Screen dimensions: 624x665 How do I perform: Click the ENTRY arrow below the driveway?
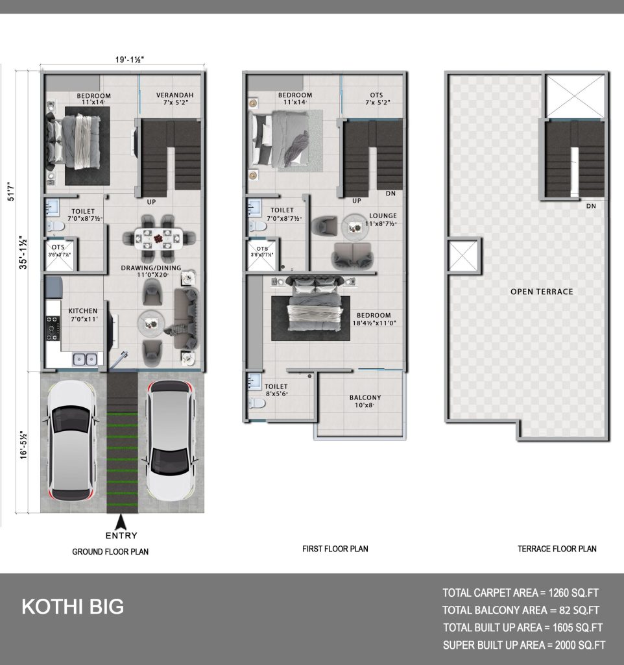tap(121, 521)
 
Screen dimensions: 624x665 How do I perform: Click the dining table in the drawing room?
tap(159, 238)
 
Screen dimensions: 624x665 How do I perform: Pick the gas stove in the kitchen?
tap(53, 328)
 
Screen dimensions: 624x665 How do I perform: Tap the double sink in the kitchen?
tap(85, 360)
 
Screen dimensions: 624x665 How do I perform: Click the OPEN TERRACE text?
tap(542, 292)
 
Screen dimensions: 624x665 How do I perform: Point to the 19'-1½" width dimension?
tap(130, 59)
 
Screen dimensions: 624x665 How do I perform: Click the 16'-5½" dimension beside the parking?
tap(23, 445)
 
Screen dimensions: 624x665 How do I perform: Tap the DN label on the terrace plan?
tap(591, 206)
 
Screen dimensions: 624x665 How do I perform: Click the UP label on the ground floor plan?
tap(151, 202)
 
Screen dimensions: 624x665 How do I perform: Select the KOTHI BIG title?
tap(73, 607)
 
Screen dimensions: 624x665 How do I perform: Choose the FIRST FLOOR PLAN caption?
tap(335, 549)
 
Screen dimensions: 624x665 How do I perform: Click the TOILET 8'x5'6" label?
tap(276, 390)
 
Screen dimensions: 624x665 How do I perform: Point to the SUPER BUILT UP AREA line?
tap(524, 645)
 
